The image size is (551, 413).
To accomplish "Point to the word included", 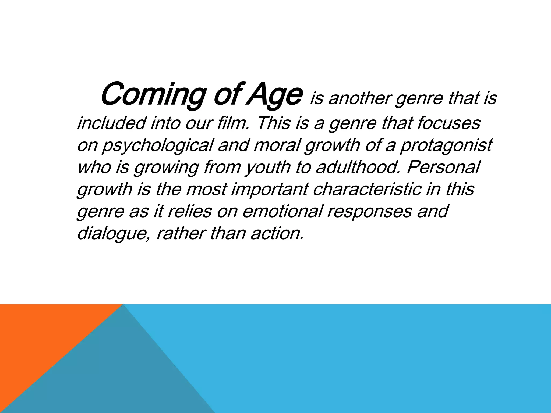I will tap(111, 123).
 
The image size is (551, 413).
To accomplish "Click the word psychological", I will tap(157, 145).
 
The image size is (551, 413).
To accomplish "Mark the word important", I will tap(269, 189).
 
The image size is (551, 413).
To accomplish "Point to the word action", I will tap(277, 233).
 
